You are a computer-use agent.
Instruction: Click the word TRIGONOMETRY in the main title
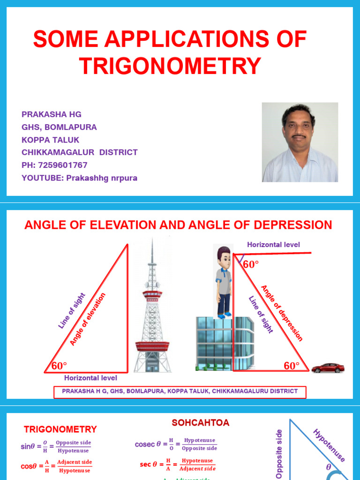[x=170, y=66]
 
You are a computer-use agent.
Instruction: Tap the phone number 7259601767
[x=64, y=165]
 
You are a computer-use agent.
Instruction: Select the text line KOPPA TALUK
[x=50, y=140]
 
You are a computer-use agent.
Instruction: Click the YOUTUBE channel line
[x=79, y=178]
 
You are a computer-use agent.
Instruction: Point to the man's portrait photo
[x=300, y=142]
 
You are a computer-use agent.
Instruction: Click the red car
[x=328, y=368]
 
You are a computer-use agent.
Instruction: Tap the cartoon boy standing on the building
[x=224, y=281]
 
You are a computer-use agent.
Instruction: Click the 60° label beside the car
[x=292, y=366]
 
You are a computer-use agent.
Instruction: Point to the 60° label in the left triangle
[x=60, y=365]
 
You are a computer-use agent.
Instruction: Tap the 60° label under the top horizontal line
[x=251, y=264]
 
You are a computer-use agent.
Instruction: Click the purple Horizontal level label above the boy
[x=273, y=245]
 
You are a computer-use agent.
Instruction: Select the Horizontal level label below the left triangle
[x=90, y=378]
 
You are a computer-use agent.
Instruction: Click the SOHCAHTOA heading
[x=201, y=423]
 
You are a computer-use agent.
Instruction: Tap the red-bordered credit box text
[x=180, y=391]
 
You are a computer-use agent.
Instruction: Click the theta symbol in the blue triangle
[x=328, y=467]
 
